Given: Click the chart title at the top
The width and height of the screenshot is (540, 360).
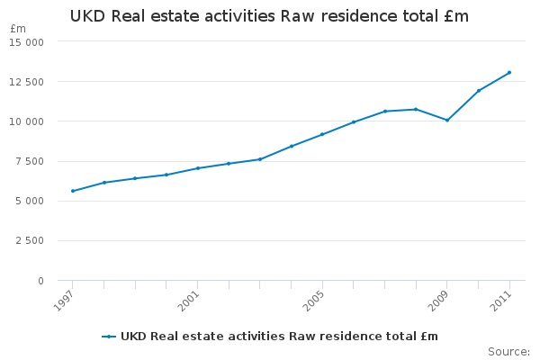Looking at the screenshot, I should click(269, 16).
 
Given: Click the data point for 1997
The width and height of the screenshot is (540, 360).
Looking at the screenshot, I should click(73, 191).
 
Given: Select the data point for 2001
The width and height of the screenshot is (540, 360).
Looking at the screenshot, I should click(198, 168).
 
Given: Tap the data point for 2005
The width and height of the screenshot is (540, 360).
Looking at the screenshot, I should click(322, 134).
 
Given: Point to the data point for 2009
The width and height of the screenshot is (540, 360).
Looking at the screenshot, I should click(447, 120).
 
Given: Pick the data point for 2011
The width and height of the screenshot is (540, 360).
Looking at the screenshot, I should click(509, 72).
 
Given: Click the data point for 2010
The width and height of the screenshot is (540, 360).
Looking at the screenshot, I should click(478, 91).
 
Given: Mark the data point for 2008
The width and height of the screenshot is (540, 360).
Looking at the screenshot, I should click(416, 109).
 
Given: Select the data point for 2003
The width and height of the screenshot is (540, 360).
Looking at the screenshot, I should click(260, 159).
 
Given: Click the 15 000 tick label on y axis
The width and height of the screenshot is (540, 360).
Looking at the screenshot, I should click(28, 41).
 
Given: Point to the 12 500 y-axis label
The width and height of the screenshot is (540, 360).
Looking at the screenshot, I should click(28, 82).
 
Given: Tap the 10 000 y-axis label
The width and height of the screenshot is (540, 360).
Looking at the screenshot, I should click(28, 121).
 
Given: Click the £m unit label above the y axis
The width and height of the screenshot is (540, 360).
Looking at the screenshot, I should click(18, 29).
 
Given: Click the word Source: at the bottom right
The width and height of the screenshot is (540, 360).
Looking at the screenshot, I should click(508, 351).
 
